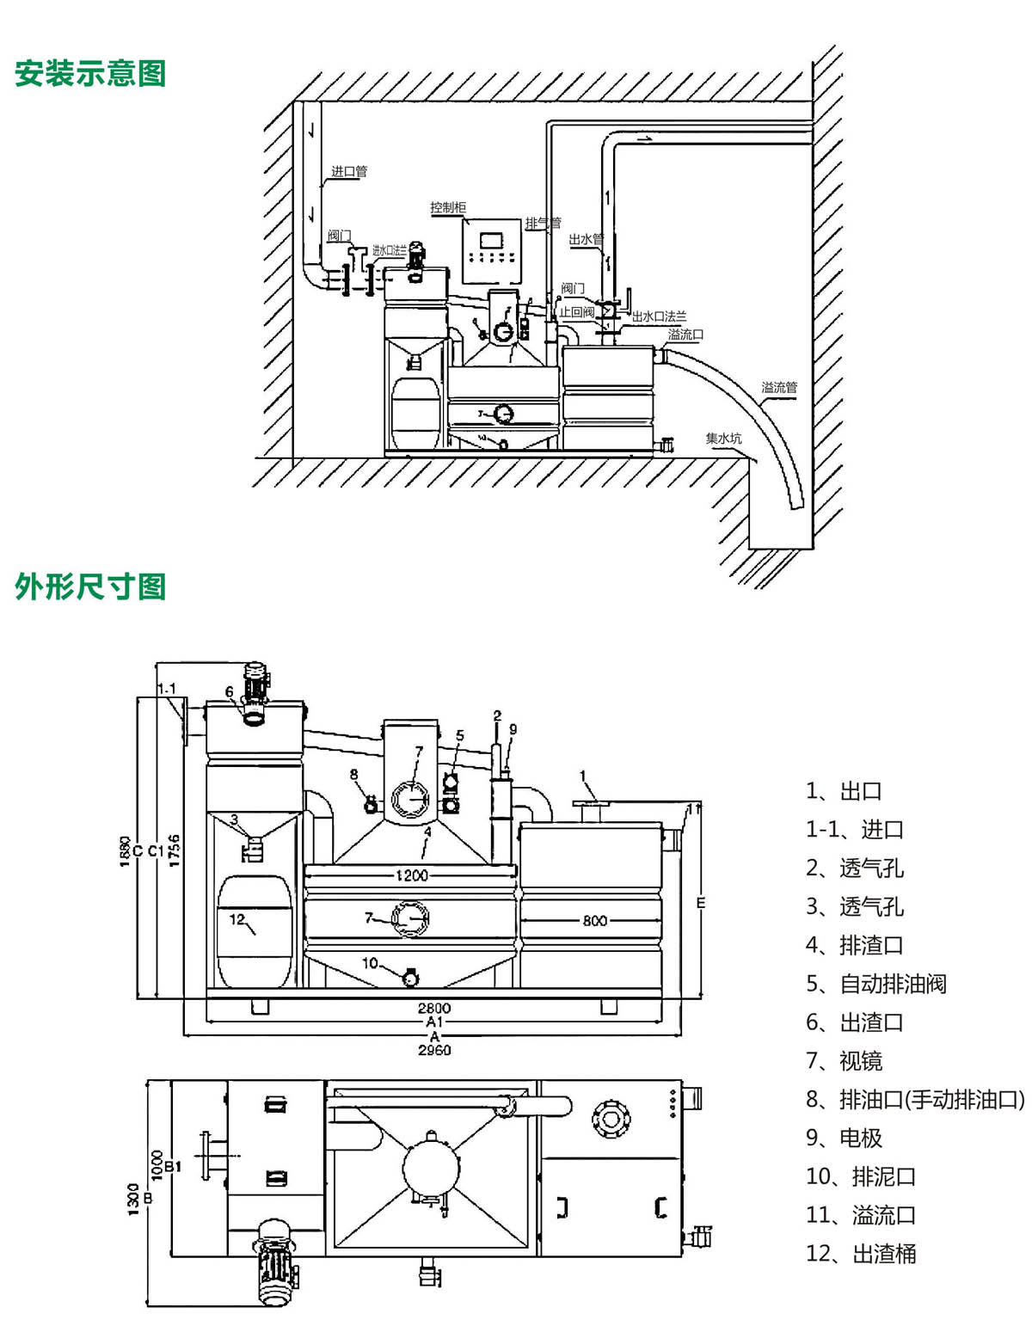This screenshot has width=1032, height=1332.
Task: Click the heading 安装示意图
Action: (90, 74)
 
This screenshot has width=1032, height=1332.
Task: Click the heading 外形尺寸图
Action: (90, 587)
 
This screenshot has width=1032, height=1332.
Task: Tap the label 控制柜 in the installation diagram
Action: (448, 207)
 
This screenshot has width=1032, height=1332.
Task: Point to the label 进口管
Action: (349, 171)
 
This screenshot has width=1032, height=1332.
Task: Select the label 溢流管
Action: (779, 387)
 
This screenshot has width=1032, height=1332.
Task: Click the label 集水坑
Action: (723, 439)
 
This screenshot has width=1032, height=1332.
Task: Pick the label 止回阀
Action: (577, 312)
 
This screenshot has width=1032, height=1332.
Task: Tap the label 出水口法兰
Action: (660, 317)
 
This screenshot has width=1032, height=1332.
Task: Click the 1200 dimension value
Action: (411, 875)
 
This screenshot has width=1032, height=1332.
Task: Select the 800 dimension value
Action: (595, 920)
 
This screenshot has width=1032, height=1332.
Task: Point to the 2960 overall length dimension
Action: (434, 1050)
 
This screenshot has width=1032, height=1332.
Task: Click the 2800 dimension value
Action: (434, 1008)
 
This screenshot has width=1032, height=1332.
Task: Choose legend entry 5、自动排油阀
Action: (875, 984)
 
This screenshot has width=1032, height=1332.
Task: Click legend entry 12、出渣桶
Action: (860, 1254)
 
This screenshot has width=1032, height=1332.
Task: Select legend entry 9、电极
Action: (844, 1138)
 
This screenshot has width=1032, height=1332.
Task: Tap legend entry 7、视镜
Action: (844, 1061)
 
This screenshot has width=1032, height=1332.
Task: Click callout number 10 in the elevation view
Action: (370, 963)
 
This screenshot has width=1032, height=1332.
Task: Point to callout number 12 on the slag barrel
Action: (237, 919)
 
